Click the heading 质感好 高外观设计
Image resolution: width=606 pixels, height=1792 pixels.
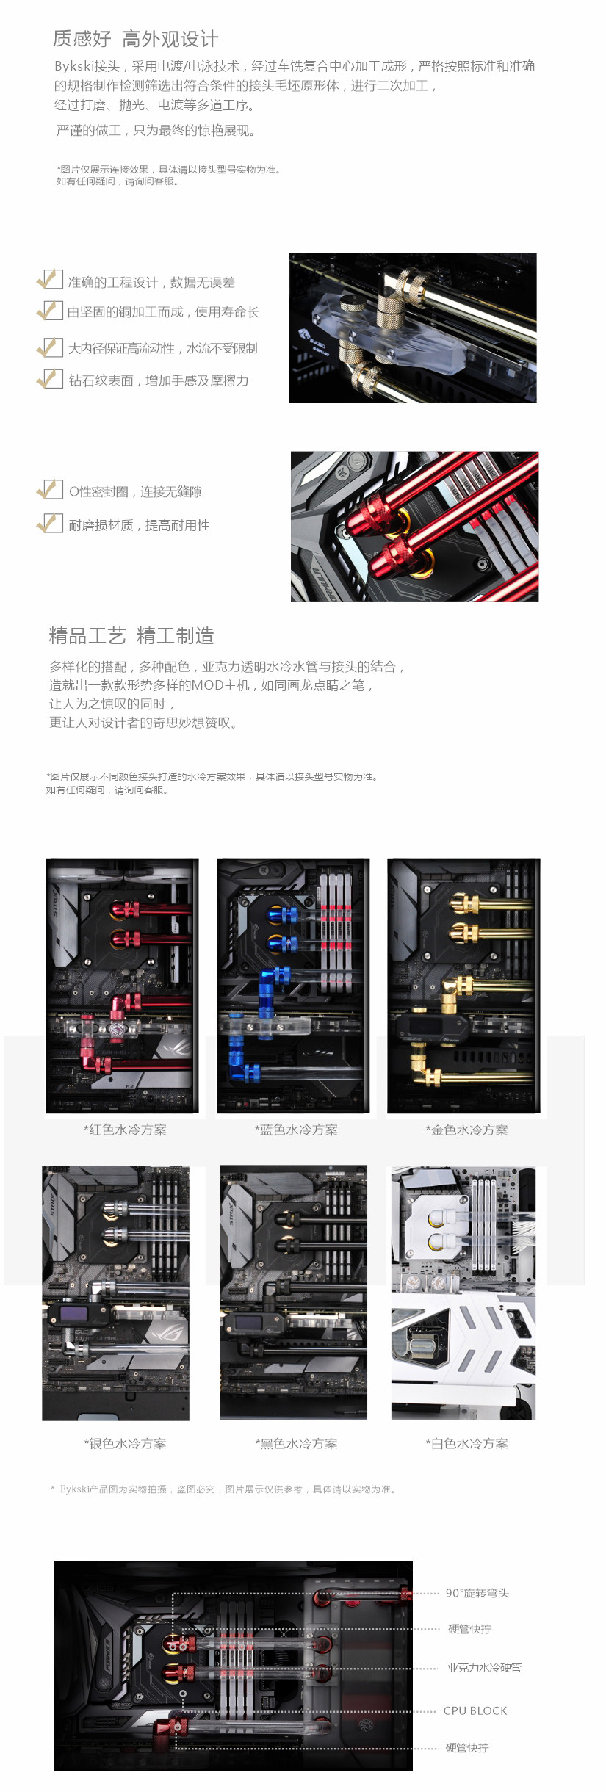tap(135, 39)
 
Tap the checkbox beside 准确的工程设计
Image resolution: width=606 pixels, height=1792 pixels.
tap(50, 280)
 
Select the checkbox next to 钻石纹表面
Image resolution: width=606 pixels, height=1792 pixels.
tap(50, 379)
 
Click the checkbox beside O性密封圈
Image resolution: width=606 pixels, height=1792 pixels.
tap(50, 490)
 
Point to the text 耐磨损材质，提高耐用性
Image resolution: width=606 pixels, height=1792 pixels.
tap(139, 525)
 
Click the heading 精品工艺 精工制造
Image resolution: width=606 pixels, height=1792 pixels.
tap(131, 636)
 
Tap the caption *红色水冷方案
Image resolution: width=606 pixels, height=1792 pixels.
tap(125, 1130)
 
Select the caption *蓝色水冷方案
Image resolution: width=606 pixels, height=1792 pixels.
tap(296, 1130)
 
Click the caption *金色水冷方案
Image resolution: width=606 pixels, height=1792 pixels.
tap(466, 1130)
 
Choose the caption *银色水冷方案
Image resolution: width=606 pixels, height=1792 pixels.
tap(125, 1443)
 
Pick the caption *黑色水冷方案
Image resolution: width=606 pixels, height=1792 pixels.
tap(296, 1443)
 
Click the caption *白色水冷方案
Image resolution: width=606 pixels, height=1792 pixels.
tap(466, 1443)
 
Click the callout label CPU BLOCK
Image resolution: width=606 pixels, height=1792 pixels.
tap(475, 1710)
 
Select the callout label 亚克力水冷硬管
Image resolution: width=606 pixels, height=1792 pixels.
tap(484, 1667)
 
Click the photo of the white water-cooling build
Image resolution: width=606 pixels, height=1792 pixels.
tap(463, 1293)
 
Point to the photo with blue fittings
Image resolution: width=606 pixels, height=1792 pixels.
tap(293, 986)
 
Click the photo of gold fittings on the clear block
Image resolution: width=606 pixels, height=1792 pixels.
tap(412, 328)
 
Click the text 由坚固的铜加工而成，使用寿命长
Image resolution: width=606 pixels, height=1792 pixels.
tap(163, 312)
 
